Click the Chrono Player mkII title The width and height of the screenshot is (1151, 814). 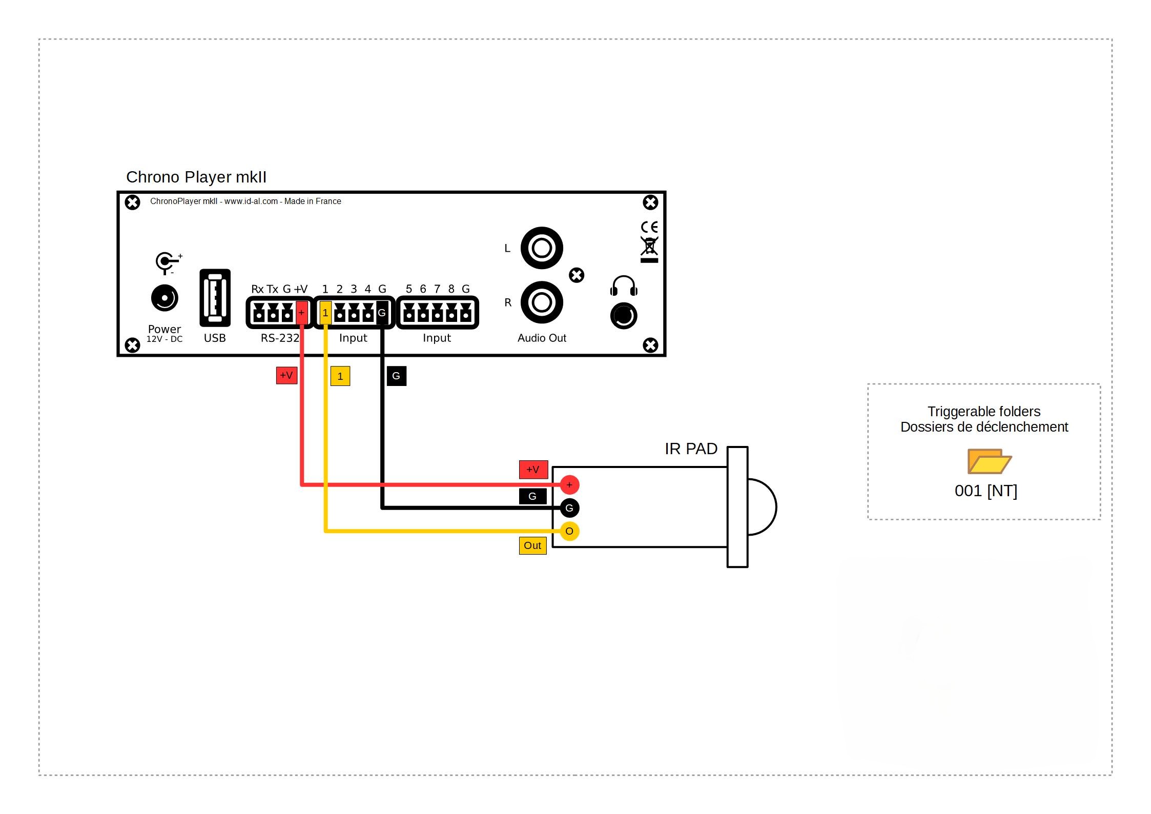[196, 177]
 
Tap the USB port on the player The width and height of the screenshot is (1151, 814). [215, 298]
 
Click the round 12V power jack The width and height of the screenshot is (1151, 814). [165, 298]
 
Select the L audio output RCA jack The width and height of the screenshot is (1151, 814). [542, 248]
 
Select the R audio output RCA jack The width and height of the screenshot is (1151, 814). [542, 302]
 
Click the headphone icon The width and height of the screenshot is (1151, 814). [624, 286]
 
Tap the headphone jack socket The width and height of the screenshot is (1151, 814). [624, 316]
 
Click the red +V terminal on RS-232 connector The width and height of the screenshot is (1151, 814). [302, 313]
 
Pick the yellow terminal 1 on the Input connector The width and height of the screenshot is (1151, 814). [325, 313]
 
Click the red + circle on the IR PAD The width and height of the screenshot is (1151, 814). [569, 485]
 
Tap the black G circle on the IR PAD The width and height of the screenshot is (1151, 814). [569, 508]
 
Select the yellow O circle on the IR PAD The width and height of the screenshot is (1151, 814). [569, 531]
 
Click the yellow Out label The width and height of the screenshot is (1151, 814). [532, 546]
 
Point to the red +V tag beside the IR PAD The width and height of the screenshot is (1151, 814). [533, 470]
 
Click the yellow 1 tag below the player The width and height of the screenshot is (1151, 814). [340, 376]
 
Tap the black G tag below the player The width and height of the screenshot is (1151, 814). [397, 376]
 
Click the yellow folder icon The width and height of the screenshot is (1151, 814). [989, 461]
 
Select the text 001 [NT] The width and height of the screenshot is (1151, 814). [986, 491]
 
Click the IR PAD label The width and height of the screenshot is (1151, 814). [691, 449]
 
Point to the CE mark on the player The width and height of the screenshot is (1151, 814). [649, 227]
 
